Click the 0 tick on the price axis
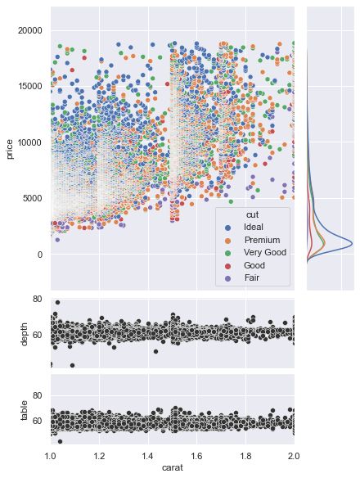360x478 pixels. pos(38,255)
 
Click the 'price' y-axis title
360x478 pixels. pos(10,148)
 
